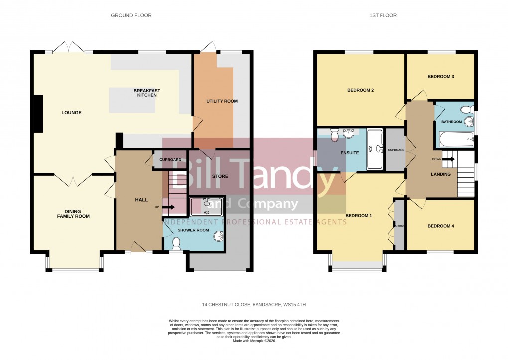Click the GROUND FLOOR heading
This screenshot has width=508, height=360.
click(x=131, y=16)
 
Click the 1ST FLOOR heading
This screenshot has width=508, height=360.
click(x=382, y=16)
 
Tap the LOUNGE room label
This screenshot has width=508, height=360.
click(x=71, y=113)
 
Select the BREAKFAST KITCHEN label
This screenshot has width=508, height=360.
click(x=147, y=93)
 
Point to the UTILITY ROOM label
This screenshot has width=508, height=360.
click(x=222, y=101)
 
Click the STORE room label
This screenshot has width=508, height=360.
click(x=220, y=176)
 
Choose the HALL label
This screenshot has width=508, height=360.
click(x=141, y=200)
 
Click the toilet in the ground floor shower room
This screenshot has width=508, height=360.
click(x=176, y=243)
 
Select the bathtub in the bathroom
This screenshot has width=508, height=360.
click(x=456, y=139)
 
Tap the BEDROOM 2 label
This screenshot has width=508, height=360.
click(x=360, y=91)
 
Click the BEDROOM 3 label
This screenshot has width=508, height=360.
click(x=440, y=77)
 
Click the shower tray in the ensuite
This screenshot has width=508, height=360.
click(x=375, y=148)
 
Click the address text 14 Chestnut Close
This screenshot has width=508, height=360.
click(x=257, y=304)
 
